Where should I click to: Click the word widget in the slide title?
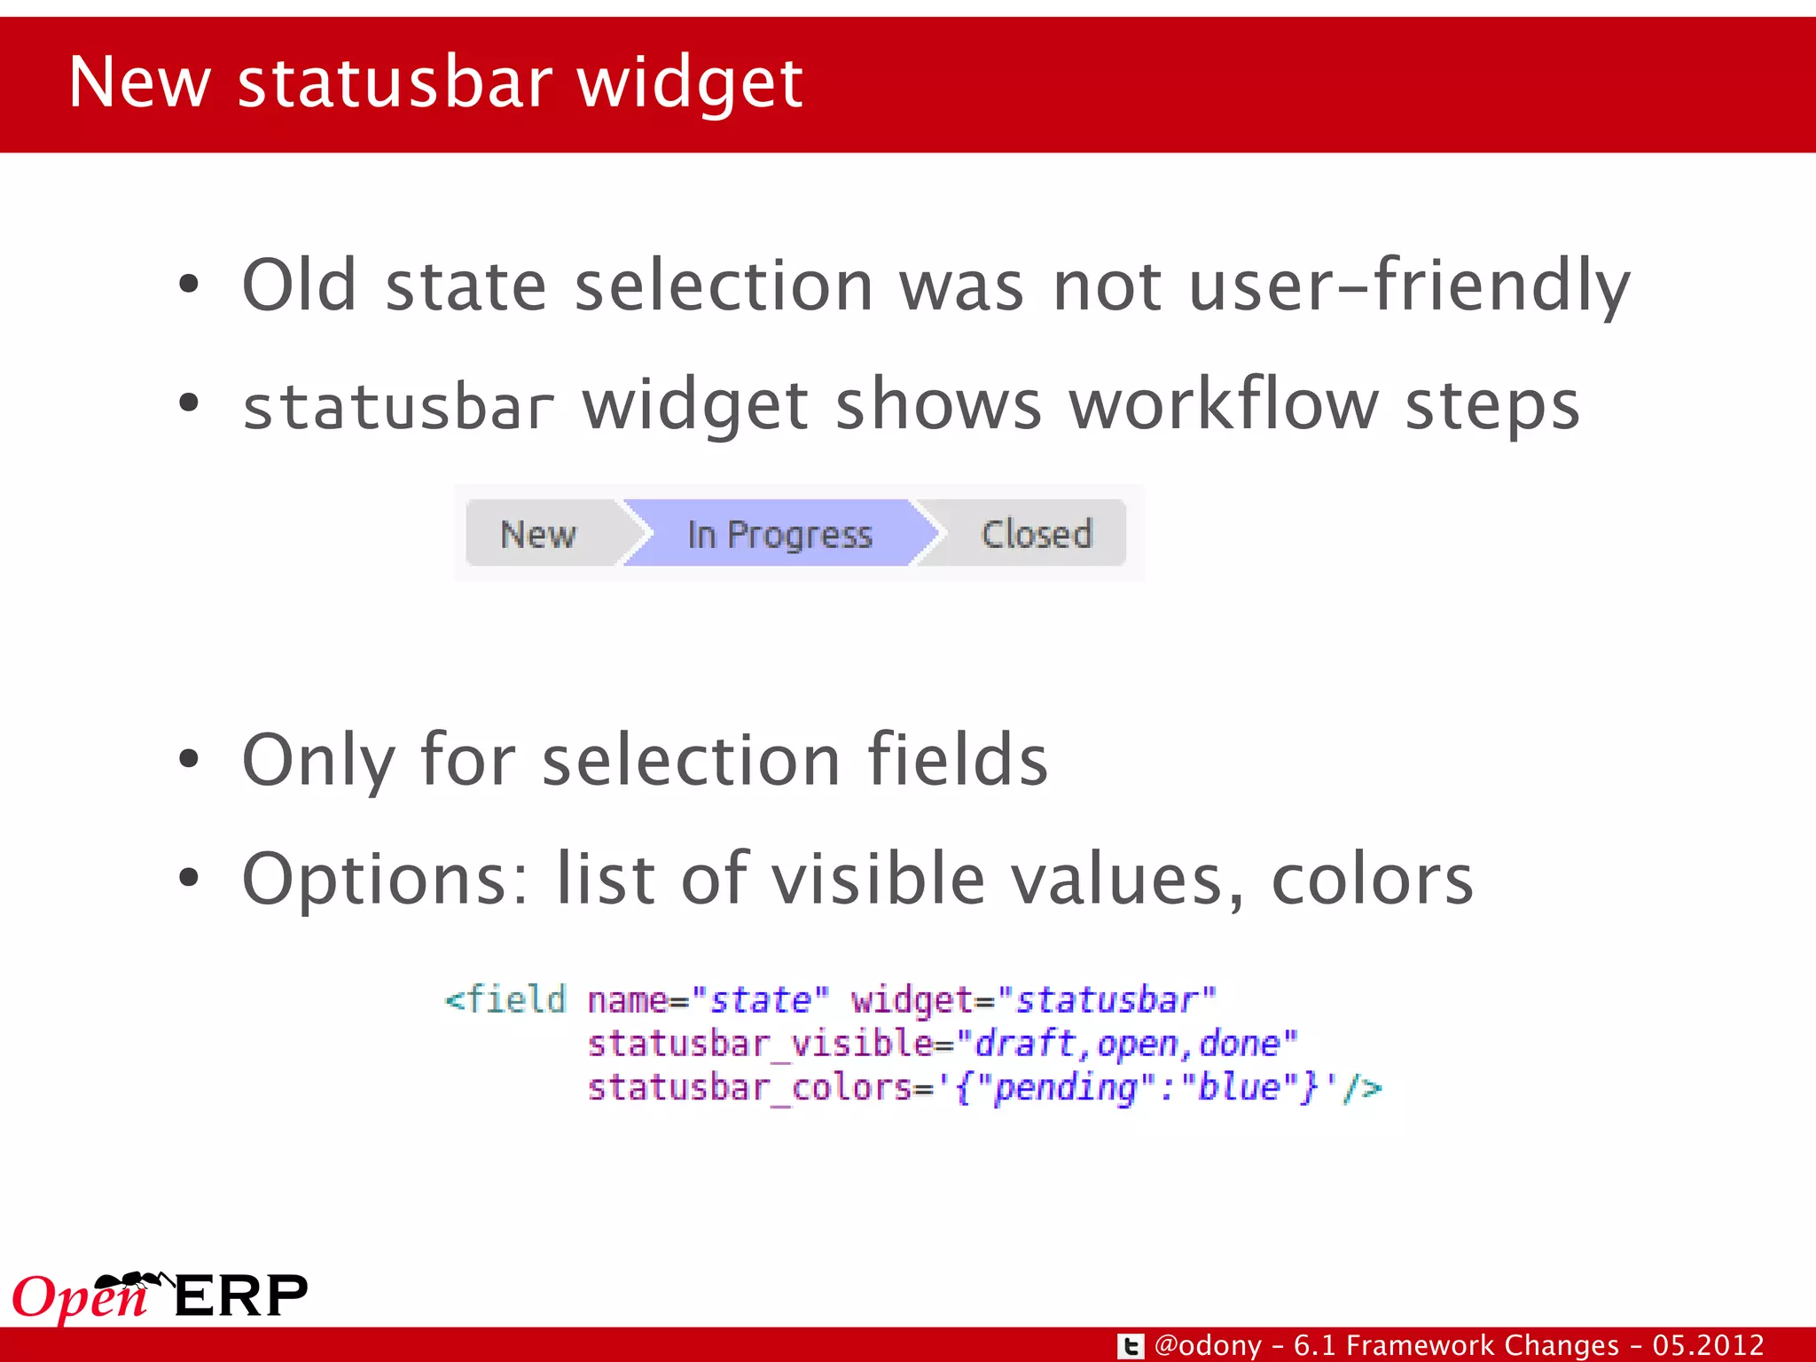pyautogui.click(x=690, y=82)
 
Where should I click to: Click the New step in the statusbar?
pyautogui.click(x=538, y=534)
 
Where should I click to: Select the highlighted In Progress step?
pyautogui.click(x=779, y=534)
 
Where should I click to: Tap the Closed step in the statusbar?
pyautogui.click(x=1036, y=534)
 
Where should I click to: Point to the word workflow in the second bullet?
pyautogui.click(x=1224, y=405)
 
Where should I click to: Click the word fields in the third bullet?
pyautogui.click(x=957, y=760)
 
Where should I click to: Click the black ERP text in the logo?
pyautogui.click(x=240, y=1296)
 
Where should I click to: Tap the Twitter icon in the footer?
pyautogui.click(x=1130, y=1346)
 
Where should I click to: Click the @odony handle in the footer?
pyautogui.click(x=1208, y=1346)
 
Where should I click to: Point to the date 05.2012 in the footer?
pyautogui.click(x=1707, y=1346)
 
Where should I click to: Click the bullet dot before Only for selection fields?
pyautogui.click(x=188, y=760)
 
